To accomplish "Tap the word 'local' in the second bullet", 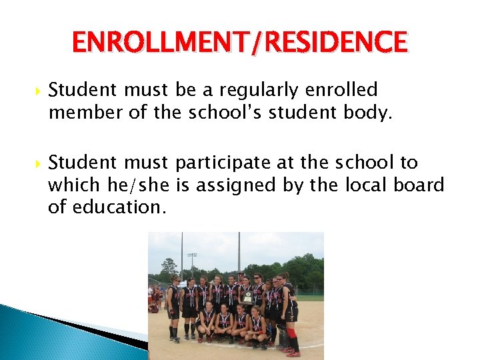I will pyautogui.click(x=367, y=185).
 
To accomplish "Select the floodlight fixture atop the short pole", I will pyautogui.click(x=192, y=255).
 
